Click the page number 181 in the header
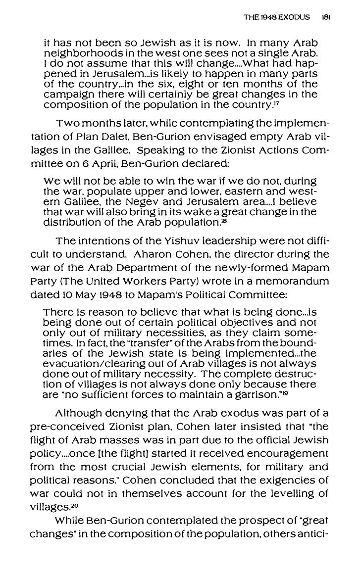click(326, 17)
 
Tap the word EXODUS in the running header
click(294, 17)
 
